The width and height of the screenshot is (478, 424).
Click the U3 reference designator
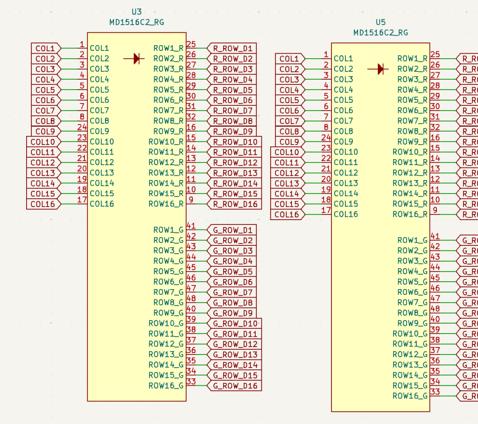[137, 12]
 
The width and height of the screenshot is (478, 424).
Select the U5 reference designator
[381, 22]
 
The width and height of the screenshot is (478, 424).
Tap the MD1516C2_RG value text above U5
[381, 33]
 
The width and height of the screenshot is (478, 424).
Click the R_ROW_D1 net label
[232, 48]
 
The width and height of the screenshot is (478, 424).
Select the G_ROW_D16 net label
[235, 386]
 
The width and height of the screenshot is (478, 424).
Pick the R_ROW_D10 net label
[235, 142]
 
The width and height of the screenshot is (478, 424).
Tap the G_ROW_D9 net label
[232, 313]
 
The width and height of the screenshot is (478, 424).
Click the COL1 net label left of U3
[46, 48]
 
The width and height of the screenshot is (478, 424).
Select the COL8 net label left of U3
[46, 121]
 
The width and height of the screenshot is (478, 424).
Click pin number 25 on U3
[191, 44]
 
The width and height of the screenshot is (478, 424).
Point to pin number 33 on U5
[435, 392]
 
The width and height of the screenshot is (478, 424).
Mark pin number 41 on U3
[191, 226]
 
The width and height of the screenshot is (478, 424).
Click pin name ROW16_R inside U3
[166, 204]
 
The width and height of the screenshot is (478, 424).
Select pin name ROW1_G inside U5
[412, 240]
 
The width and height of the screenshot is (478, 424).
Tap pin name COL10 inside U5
[346, 152]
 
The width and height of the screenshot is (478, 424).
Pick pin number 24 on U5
[326, 138]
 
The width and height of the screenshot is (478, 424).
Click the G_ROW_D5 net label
[232, 271]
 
